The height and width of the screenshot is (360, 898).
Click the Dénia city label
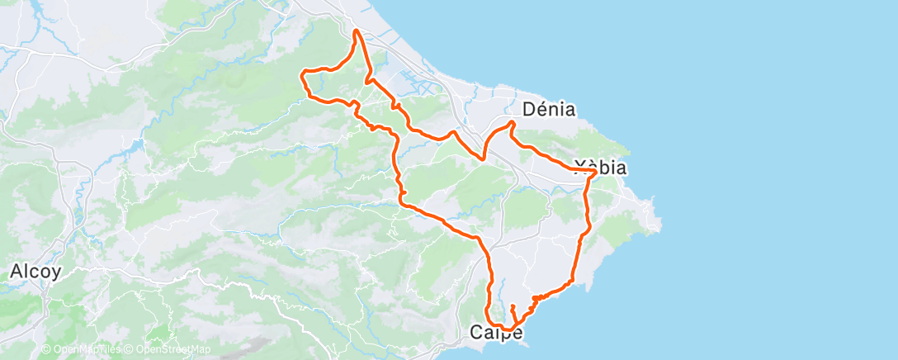[549, 109]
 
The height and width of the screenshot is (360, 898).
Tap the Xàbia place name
[600, 168]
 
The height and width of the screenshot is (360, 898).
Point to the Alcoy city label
[35, 272]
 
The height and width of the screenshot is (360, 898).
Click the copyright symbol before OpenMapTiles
[45, 350]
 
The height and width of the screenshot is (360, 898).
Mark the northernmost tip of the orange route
[356, 31]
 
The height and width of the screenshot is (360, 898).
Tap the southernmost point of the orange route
[503, 329]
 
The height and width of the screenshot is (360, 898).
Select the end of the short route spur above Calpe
[512, 306]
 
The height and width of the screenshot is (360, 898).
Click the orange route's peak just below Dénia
[512, 123]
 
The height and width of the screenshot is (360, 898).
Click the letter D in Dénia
[530, 109]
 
